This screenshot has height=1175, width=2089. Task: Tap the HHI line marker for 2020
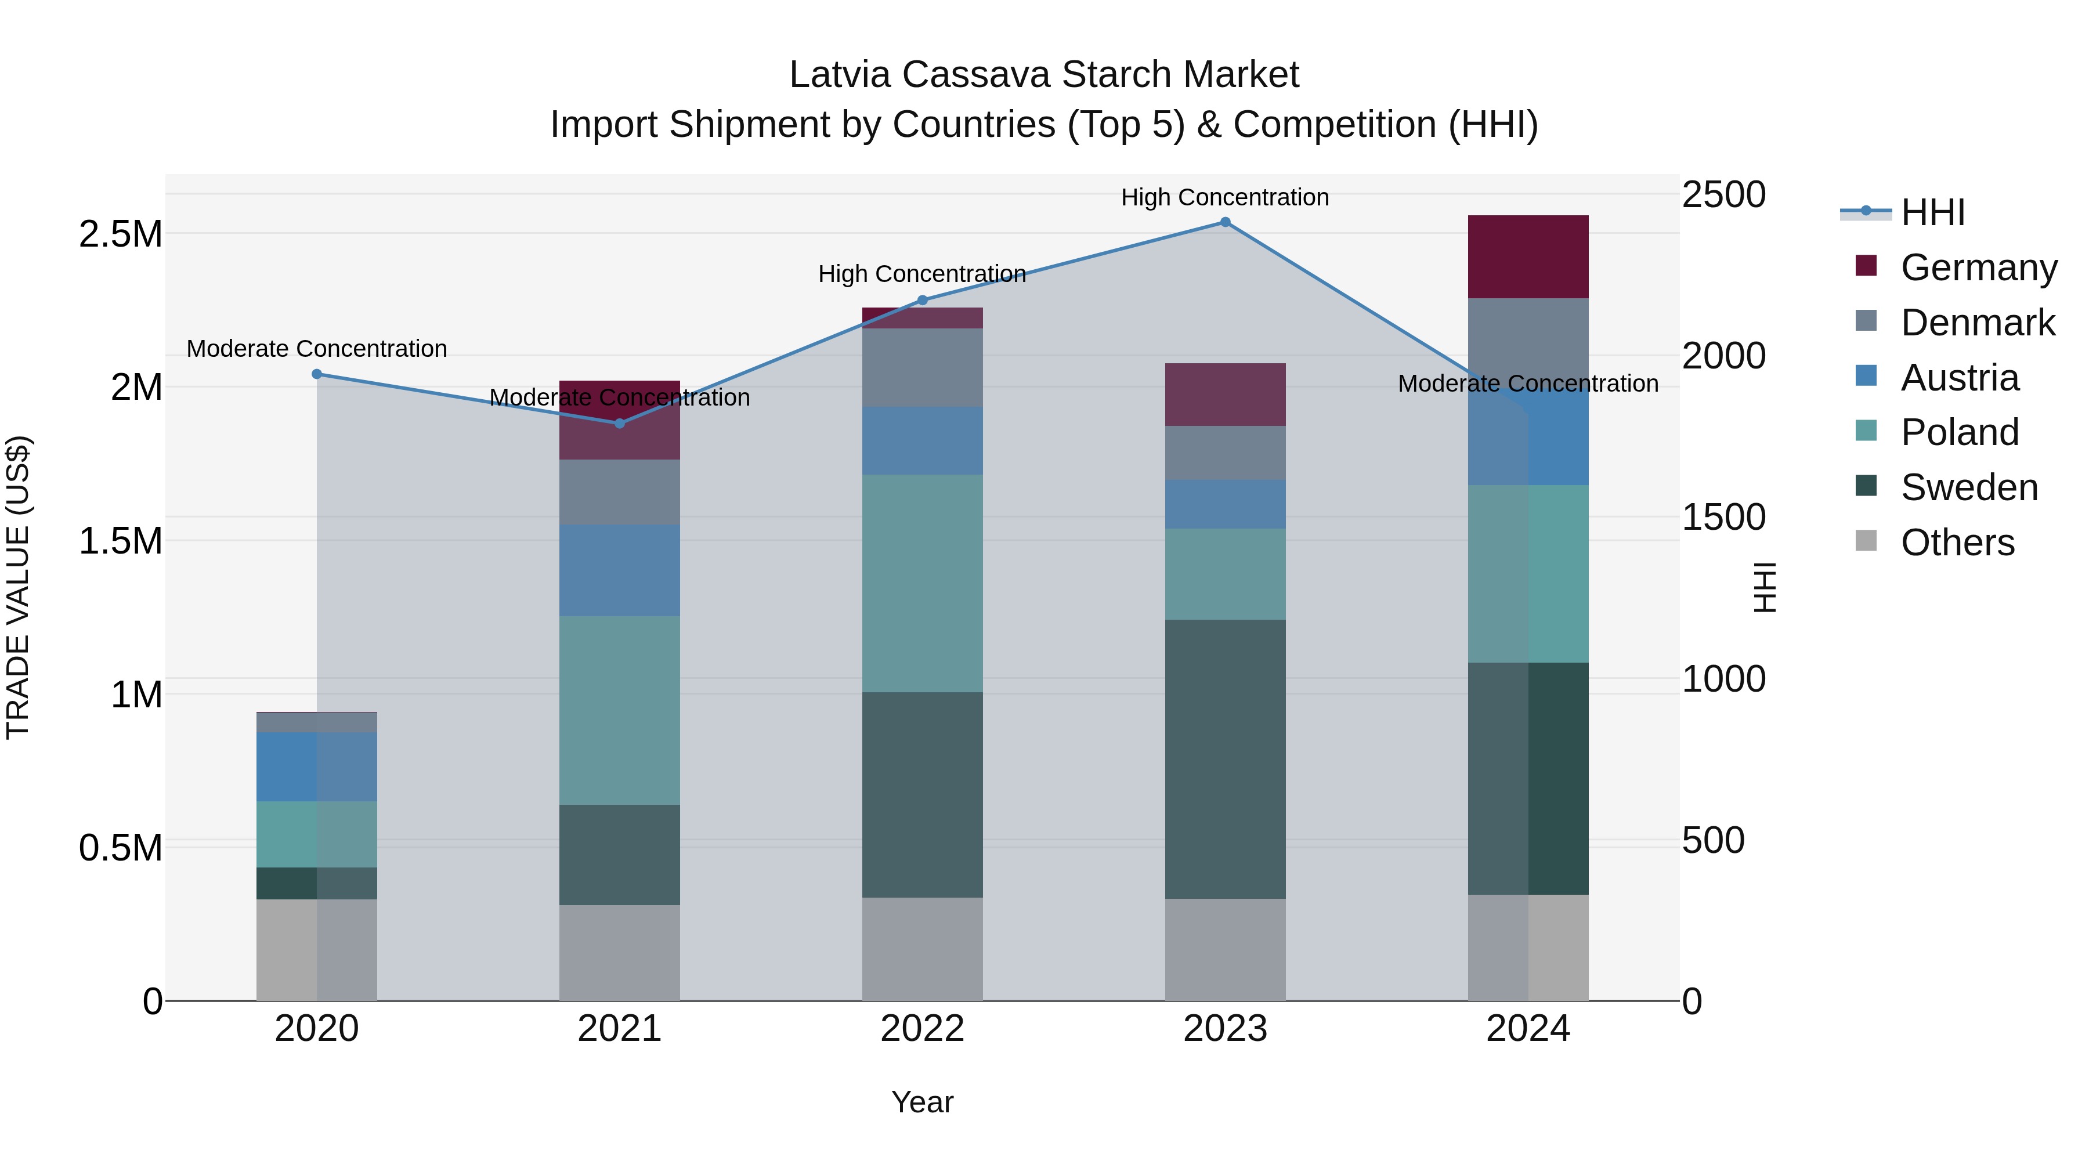pos(317,374)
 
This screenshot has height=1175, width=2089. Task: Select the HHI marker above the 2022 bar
pos(922,300)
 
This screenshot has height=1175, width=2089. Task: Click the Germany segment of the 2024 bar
pos(1528,257)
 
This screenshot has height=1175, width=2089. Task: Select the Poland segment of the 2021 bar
pos(620,710)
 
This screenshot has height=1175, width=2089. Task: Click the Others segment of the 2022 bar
pos(922,948)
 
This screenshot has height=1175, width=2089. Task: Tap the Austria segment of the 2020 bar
pos(317,767)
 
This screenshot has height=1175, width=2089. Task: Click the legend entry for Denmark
pos(1976,323)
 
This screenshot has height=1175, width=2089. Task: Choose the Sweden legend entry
pos(1968,487)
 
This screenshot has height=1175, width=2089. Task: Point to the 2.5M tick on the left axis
pos(120,234)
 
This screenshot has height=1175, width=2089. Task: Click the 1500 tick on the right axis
pos(1723,518)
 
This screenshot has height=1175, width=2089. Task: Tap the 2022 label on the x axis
pos(922,1029)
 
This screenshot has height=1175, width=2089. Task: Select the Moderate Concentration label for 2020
pos(317,349)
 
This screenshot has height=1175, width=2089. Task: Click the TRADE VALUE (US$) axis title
pos(18,587)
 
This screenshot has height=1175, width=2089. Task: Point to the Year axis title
pos(922,1102)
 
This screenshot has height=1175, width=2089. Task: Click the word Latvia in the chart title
pos(840,75)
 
